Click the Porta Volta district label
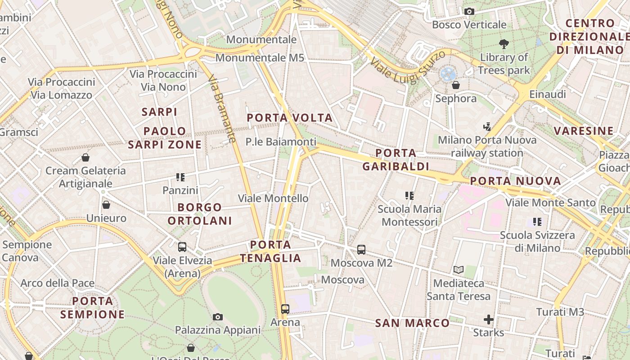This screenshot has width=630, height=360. point(290,118)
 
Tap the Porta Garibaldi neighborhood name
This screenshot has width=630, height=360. point(396,160)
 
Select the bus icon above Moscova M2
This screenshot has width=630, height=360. point(361,250)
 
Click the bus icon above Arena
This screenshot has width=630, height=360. point(285,309)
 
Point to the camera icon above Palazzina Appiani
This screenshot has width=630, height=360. point(218,317)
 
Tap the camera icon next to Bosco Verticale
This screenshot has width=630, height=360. point(469,11)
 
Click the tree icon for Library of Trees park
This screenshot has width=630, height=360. point(504,44)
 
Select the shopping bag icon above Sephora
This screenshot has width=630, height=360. point(456,85)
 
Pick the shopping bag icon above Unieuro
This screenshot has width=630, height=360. point(106,205)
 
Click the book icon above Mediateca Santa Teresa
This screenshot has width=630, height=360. point(458,270)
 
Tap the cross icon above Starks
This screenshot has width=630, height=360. point(488,319)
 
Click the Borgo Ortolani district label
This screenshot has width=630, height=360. point(200,214)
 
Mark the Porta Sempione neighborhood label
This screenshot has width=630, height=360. point(92,307)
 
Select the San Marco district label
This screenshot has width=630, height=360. point(412,323)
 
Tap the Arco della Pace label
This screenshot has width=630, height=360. point(58,283)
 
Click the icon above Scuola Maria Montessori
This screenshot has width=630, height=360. point(409,196)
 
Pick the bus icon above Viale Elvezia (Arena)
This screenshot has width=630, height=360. point(182,247)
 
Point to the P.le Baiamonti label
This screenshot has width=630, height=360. point(281,142)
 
